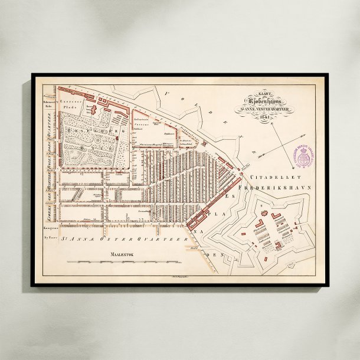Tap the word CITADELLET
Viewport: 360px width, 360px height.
pyautogui.click(x=269, y=176)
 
